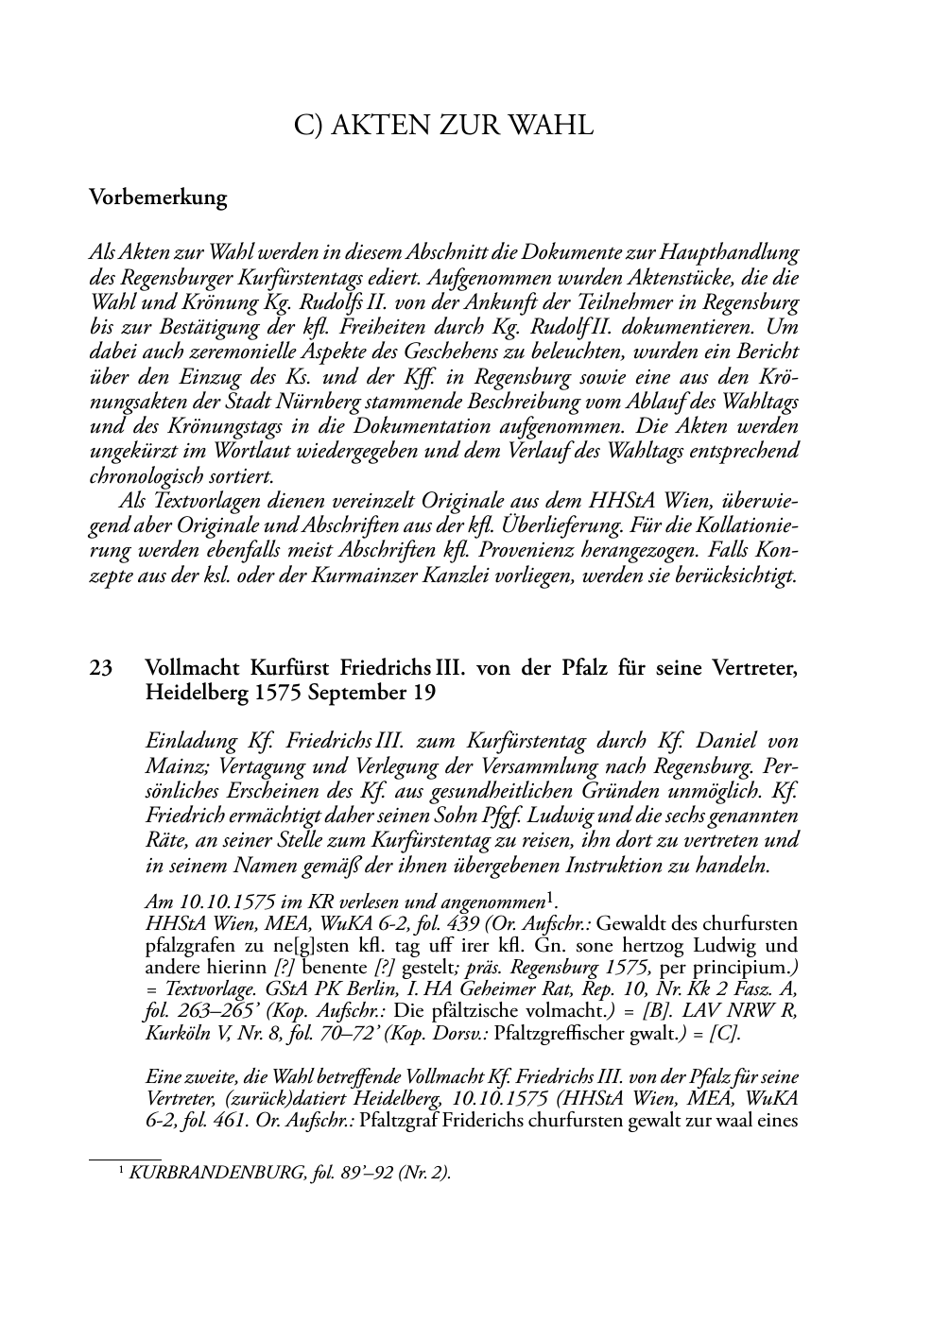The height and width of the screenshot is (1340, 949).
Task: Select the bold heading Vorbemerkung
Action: [x=158, y=198]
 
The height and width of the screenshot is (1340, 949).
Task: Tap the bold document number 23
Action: [x=101, y=668]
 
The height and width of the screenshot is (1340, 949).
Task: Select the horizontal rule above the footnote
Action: [x=125, y=1156]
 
